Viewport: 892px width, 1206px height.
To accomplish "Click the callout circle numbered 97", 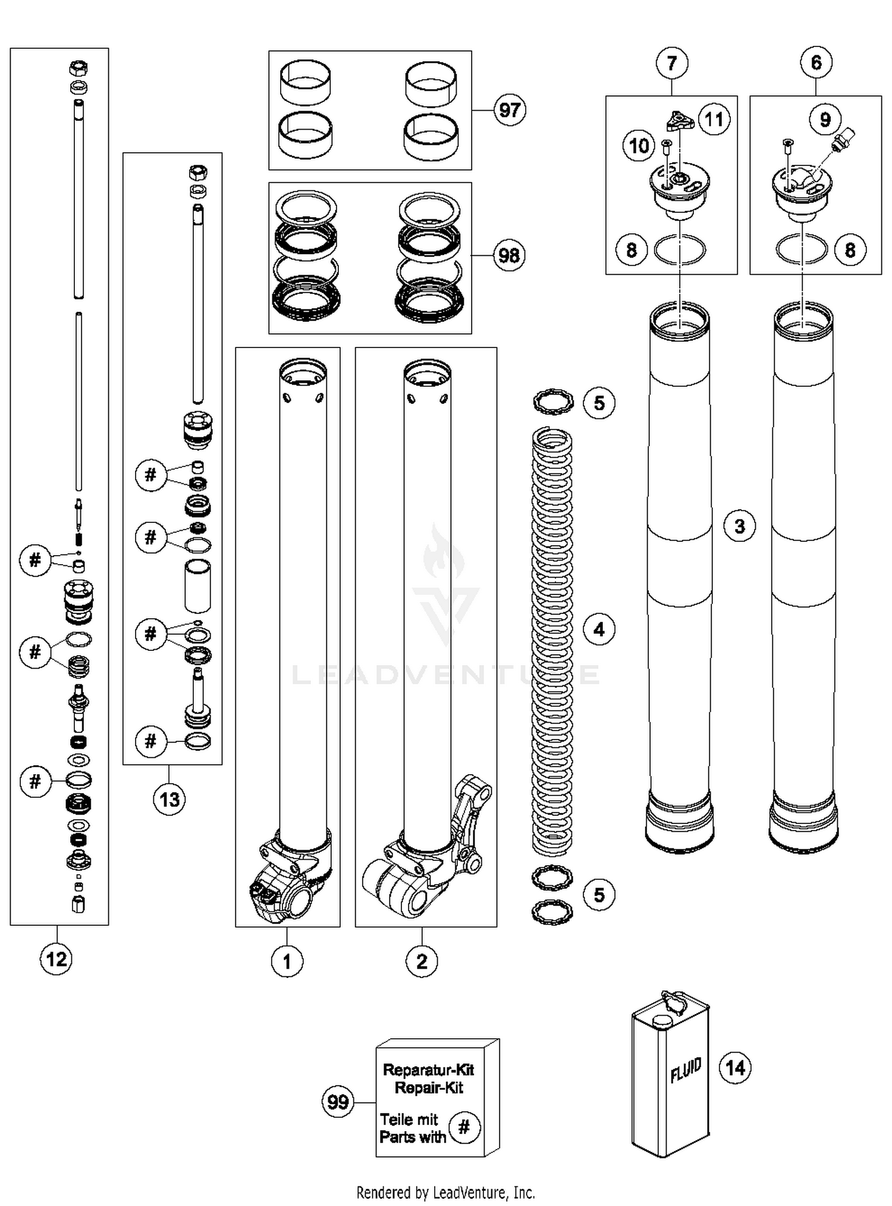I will coord(510,110).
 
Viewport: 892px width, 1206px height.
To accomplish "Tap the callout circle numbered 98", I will coord(509,256).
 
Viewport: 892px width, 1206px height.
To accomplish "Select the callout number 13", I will coord(169,799).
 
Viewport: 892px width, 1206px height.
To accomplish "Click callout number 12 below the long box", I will coord(56,958).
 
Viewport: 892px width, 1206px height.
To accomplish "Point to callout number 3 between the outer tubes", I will coord(739,526).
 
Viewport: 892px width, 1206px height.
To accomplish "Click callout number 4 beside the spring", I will coord(599,629).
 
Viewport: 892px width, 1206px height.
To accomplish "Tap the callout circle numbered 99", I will coord(338,1102).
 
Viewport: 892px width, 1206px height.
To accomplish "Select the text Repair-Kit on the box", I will coord(429,1088).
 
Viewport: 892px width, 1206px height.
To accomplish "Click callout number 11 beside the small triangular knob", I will coord(714,120).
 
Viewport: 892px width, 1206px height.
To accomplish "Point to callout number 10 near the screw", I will coord(639,146).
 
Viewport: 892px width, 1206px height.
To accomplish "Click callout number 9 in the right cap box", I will coord(825,120).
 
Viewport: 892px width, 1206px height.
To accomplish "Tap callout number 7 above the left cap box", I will coord(672,63).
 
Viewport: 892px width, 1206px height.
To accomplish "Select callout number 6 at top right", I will coord(816,62).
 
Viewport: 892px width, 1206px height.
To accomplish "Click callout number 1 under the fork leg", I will coord(287,961).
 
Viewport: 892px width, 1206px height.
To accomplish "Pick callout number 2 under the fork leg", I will coord(422,961).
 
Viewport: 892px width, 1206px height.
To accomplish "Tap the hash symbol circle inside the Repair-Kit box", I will coord(464,1127).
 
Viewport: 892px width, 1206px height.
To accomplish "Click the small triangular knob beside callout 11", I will coord(679,121).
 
